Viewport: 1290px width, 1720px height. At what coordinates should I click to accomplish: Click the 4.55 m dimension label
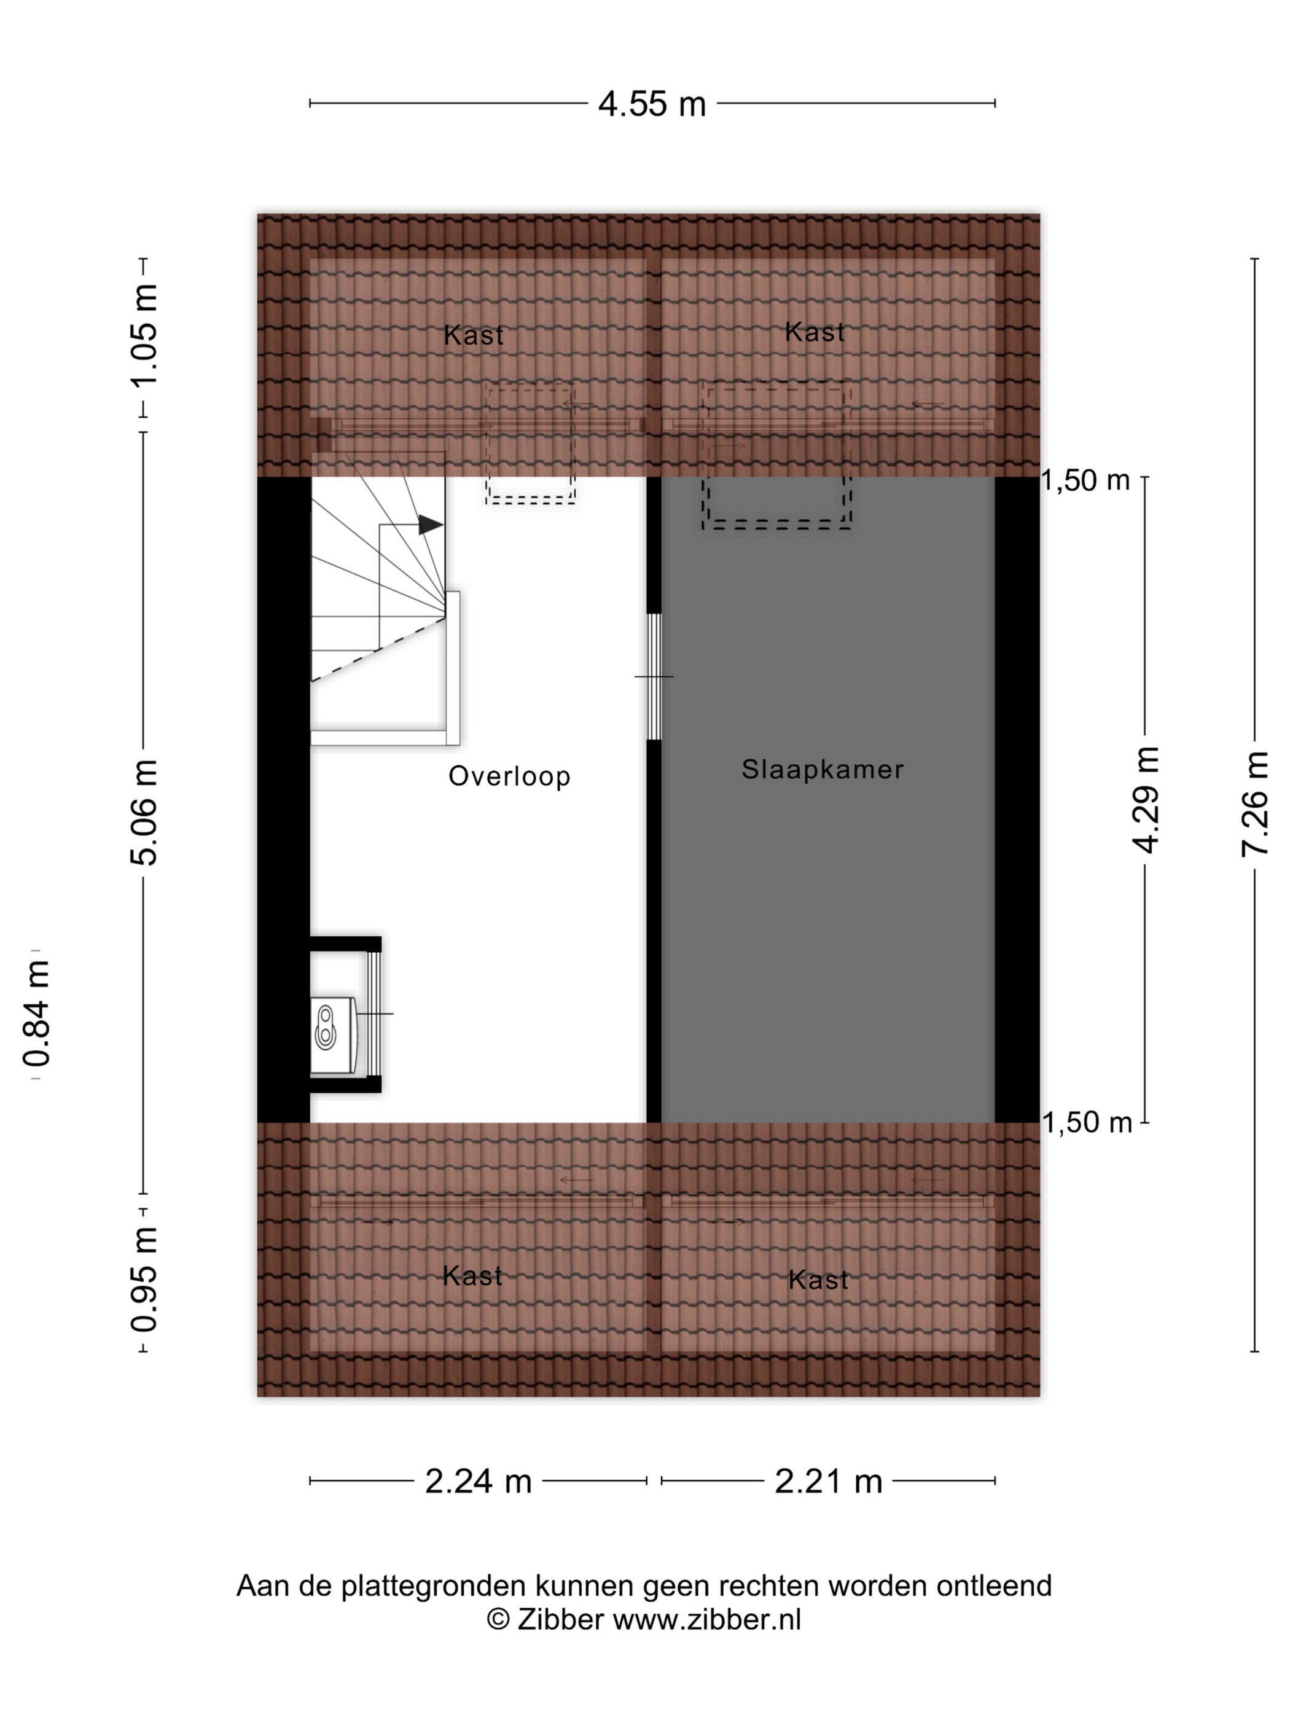tap(652, 103)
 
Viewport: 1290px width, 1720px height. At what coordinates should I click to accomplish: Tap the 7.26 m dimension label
tap(1254, 804)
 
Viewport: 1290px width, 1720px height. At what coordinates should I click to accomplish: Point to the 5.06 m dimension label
tap(144, 812)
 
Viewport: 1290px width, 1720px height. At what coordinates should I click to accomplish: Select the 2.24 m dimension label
tap(478, 1481)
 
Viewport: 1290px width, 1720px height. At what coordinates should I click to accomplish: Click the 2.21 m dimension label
tap(828, 1481)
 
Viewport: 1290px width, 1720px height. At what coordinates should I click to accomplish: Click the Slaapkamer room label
tap(822, 770)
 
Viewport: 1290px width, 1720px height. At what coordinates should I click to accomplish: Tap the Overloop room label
tap(509, 776)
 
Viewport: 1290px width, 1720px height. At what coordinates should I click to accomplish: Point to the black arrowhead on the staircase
tap(431, 525)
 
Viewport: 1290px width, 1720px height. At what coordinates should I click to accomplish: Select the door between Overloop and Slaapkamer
tap(655, 676)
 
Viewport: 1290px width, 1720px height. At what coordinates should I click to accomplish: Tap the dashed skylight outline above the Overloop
tap(530, 444)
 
